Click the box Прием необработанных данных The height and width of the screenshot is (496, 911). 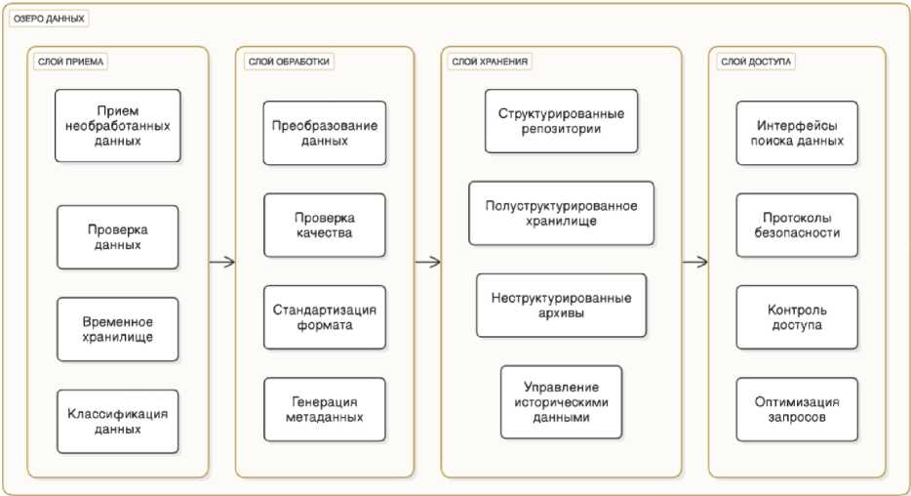[x=117, y=125]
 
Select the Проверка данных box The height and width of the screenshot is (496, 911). [x=117, y=236]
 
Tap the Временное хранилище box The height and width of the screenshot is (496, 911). [x=117, y=329]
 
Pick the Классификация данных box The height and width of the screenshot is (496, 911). [x=117, y=421]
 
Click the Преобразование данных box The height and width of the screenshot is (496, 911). [x=325, y=133]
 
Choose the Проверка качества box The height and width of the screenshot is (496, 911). [x=325, y=225]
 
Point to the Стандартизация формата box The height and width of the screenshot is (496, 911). [x=325, y=316]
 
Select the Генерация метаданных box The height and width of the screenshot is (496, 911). [x=325, y=409]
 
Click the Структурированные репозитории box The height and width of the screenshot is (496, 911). [x=561, y=120]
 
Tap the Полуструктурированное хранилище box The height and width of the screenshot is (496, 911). [x=561, y=212]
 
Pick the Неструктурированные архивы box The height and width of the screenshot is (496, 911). [x=561, y=305]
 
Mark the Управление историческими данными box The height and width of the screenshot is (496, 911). [x=561, y=400]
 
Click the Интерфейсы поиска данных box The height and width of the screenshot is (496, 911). [x=797, y=133]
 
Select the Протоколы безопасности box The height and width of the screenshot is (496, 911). [x=797, y=225]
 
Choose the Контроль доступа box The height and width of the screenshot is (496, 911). [x=797, y=316]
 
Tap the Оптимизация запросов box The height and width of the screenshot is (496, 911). [x=797, y=409]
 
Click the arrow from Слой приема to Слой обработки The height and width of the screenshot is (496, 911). [x=222, y=262]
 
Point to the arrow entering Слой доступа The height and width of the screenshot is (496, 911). [x=694, y=262]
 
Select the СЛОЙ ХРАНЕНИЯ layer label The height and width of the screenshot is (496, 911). [x=490, y=62]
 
